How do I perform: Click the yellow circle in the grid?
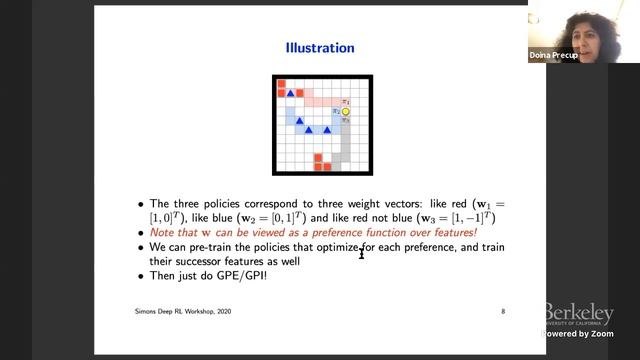(x=346, y=111)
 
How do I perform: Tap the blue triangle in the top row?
(x=293, y=94)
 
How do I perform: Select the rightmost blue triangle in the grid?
(x=327, y=130)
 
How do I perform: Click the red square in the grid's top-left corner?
(x=282, y=84)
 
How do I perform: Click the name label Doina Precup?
(x=552, y=57)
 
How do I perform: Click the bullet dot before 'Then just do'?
(x=141, y=275)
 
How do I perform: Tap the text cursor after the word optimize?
(x=362, y=252)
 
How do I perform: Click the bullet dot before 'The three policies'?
(x=141, y=202)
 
